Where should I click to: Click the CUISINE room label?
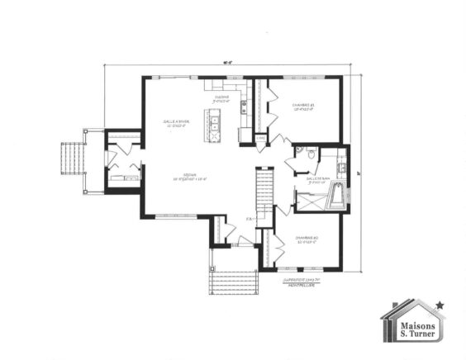(221, 98)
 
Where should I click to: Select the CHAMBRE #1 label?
(305, 107)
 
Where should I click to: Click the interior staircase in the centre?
(261, 195)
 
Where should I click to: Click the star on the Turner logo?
(440, 306)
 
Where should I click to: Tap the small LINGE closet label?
(259, 137)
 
